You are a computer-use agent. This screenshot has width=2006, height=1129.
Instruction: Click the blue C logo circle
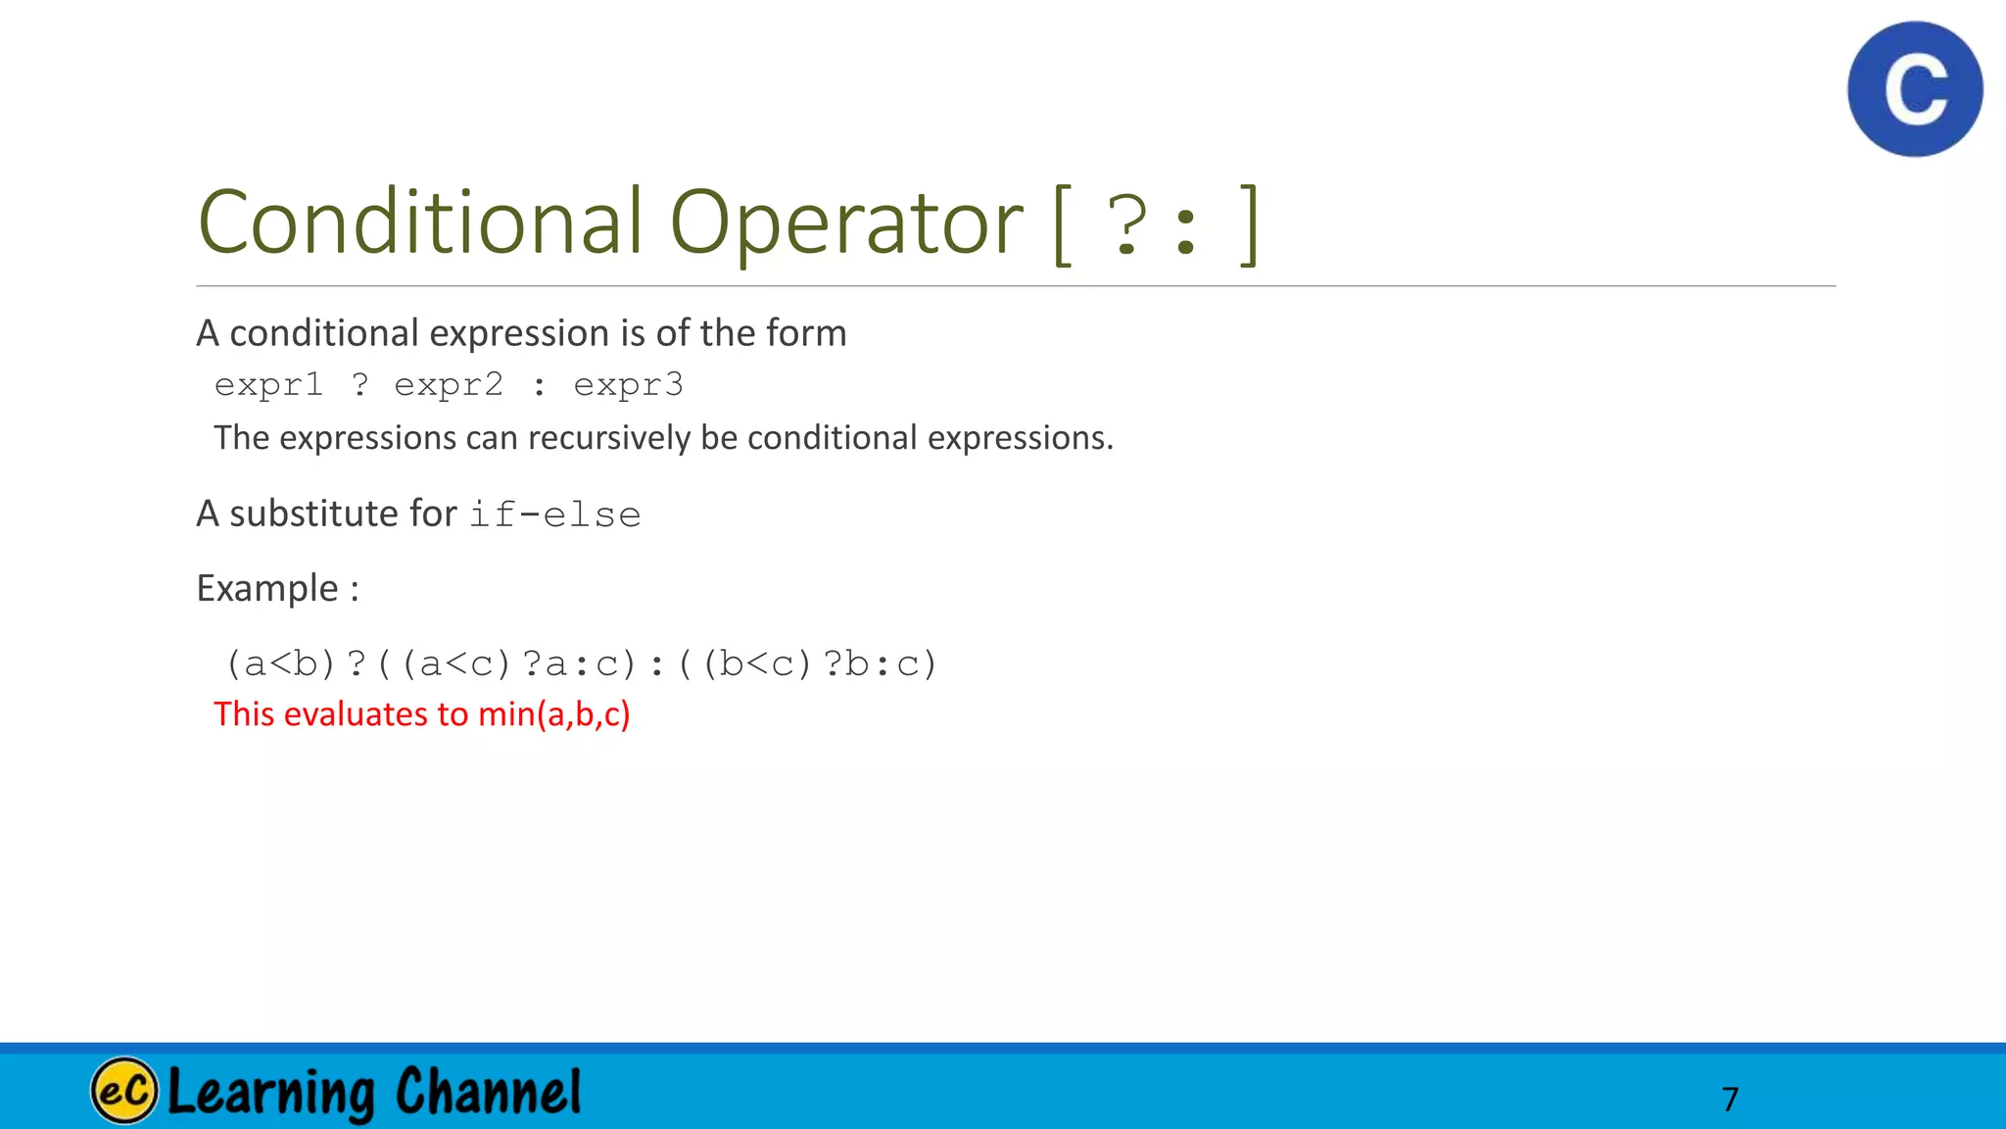1915,89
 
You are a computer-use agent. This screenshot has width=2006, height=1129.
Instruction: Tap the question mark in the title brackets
1128,225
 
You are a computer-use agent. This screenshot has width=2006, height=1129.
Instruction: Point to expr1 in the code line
268,385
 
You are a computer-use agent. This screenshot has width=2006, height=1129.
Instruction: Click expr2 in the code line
449,385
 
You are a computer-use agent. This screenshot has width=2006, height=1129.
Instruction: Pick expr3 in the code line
628,385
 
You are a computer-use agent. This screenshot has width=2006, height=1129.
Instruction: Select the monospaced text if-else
554,515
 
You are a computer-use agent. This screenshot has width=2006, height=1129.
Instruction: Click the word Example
267,588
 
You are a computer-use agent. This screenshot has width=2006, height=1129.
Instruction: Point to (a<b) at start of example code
281,664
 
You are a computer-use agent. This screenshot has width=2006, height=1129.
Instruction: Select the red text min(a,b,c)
554,714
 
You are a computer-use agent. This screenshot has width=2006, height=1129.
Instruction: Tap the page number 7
1730,1099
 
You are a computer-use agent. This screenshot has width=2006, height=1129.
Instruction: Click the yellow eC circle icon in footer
124,1091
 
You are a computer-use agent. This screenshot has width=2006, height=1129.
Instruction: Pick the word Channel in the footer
489,1092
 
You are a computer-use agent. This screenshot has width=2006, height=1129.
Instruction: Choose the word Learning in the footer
271,1092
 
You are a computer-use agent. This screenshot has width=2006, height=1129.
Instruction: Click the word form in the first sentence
806,333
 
